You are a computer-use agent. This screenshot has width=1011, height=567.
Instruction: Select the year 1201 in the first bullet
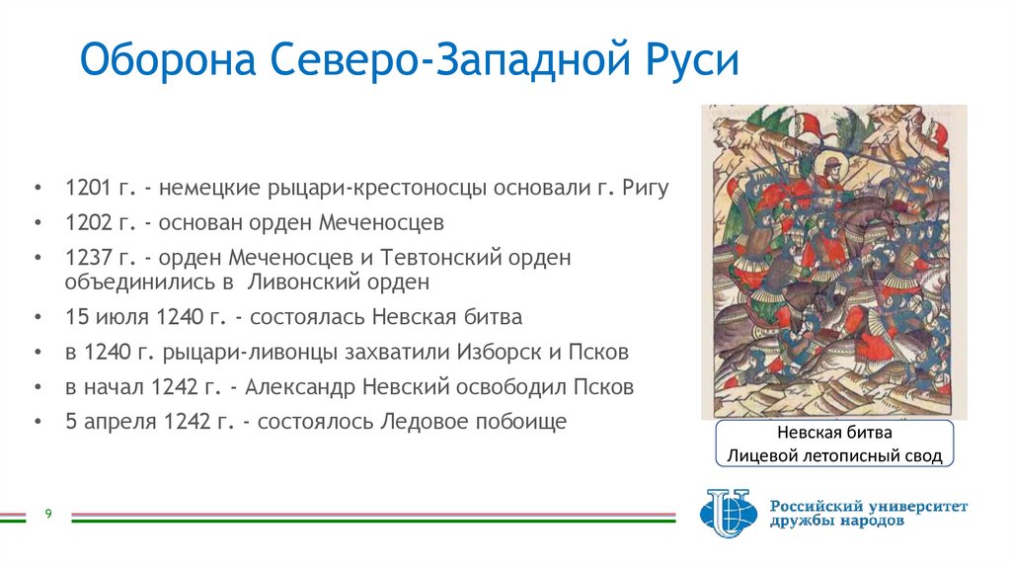[x=86, y=189]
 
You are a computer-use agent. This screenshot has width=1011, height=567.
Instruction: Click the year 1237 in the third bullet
[x=86, y=258]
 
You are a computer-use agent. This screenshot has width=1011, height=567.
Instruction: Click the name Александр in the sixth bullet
[x=298, y=386]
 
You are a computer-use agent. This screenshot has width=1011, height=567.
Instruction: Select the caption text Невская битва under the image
[x=833, y=434]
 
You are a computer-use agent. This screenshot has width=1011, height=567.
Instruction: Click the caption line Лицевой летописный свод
[x=833, y=455]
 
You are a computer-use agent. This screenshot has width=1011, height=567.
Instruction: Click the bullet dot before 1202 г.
[x=38, y=222]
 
